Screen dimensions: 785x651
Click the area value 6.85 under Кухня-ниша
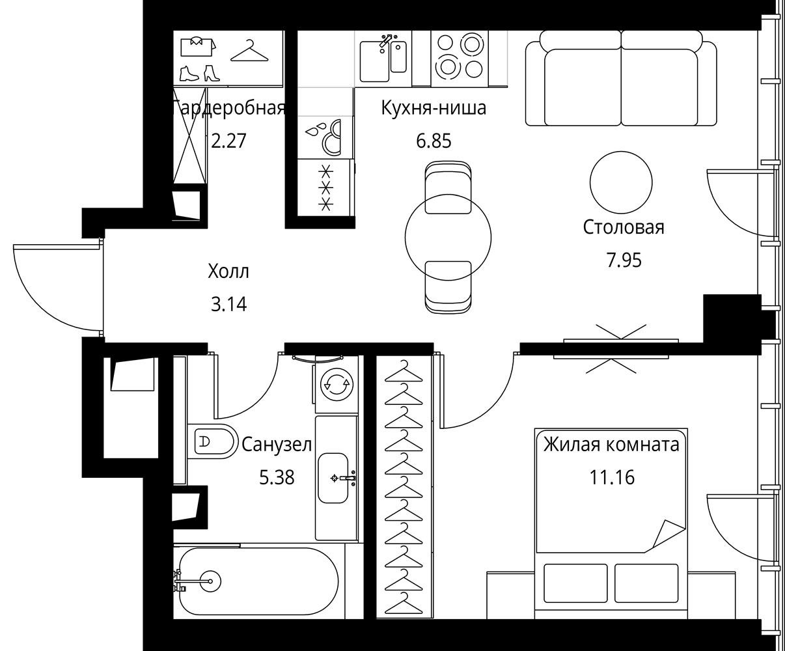pos(434,141)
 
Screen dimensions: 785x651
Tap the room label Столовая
pos(624,228)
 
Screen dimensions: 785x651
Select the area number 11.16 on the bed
pos(612,477)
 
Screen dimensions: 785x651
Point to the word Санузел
pos(277,445)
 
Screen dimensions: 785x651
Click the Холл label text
pos(228,271)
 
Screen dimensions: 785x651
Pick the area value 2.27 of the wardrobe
pos(228,141)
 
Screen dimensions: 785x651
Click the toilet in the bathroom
pos(212,441)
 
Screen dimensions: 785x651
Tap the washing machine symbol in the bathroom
pos(337,384)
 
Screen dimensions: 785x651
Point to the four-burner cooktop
pos(460,59)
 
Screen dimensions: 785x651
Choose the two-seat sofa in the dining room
pos(621,78)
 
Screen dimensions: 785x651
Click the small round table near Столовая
pos(621,182)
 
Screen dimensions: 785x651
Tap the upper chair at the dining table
pos(448,187)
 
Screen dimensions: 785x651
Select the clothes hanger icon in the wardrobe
pos(249,51)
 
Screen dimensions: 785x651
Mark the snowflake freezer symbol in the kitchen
pos(325,188)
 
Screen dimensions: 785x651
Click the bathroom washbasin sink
pos(333,478)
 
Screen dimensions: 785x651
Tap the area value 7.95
pos(624,260)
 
